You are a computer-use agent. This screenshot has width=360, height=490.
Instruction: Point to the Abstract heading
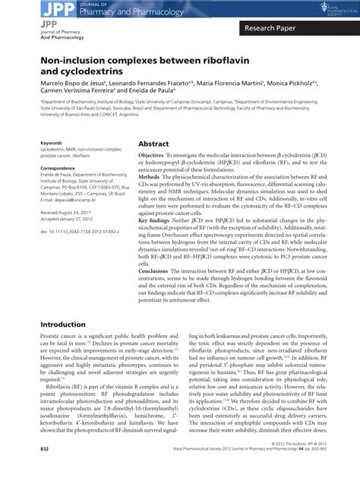153,143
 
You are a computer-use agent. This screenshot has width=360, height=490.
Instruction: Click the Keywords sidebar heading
52,142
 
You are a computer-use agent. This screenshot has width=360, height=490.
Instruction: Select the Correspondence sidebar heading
59,168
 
